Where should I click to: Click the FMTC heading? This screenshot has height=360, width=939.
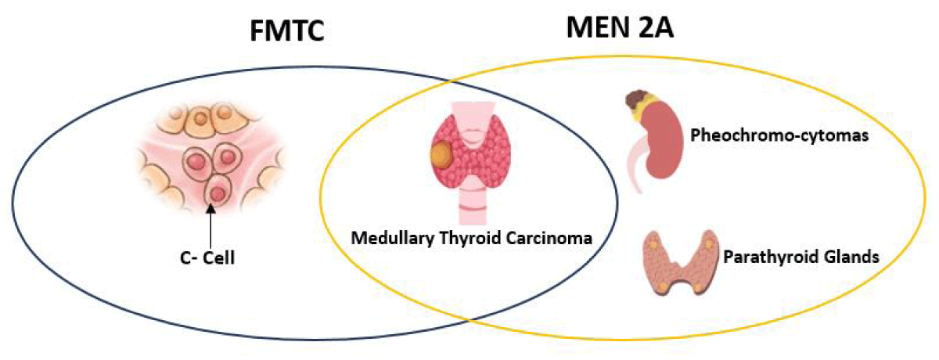287,31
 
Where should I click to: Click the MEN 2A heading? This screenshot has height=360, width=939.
620,27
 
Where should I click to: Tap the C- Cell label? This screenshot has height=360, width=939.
207,257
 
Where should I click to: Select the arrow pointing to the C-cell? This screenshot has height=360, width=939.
210,226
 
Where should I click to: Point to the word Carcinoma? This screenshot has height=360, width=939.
549,238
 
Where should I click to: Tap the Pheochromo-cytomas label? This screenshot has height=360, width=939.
779,135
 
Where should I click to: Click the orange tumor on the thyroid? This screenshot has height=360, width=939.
441,155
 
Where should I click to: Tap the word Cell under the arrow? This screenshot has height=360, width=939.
219,257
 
